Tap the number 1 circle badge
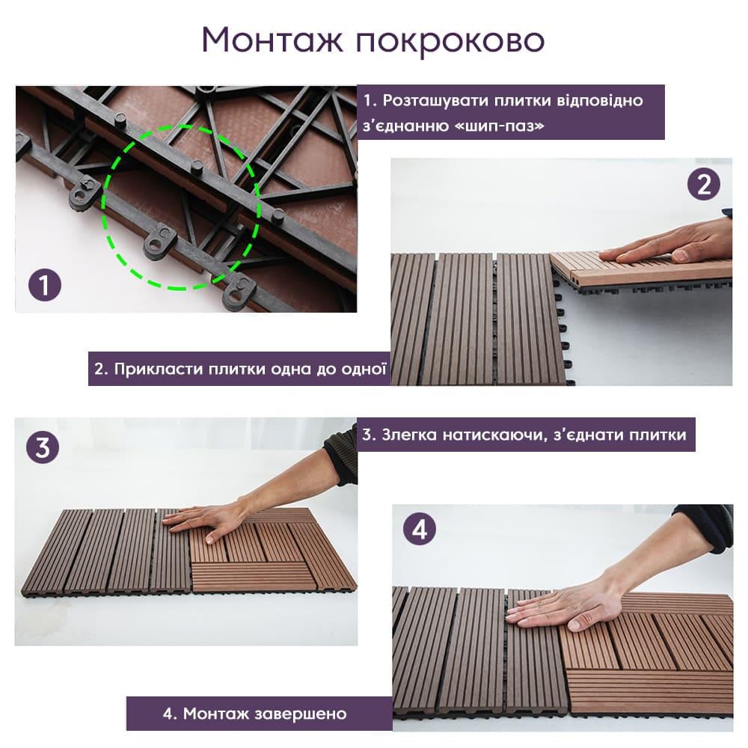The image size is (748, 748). coord(46,286)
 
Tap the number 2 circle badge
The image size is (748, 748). coord(703,184)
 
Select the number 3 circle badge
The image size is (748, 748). coord(43,447)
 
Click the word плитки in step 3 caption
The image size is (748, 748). coord(657,434)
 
